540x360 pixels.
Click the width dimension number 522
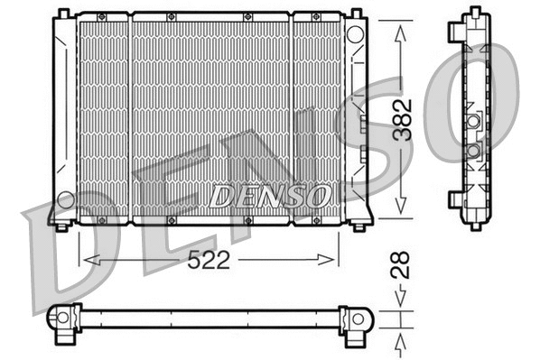click(x=208, y=261)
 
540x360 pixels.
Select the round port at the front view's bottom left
click(x=65, y=199)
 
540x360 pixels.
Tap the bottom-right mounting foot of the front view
click(x=362, y=223)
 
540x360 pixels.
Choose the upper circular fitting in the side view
click(x=474, y=121)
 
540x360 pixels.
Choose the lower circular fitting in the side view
click(x=474, y=149)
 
